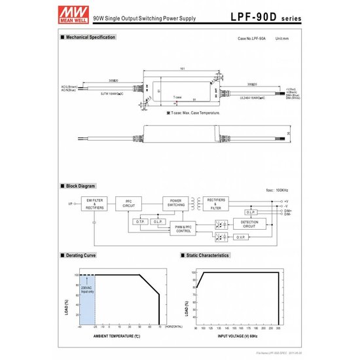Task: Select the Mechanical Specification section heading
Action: point(90,37)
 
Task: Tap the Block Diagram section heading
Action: point(81,187)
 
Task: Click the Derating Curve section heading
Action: point(82,255)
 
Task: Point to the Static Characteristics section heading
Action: point(206,255)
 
